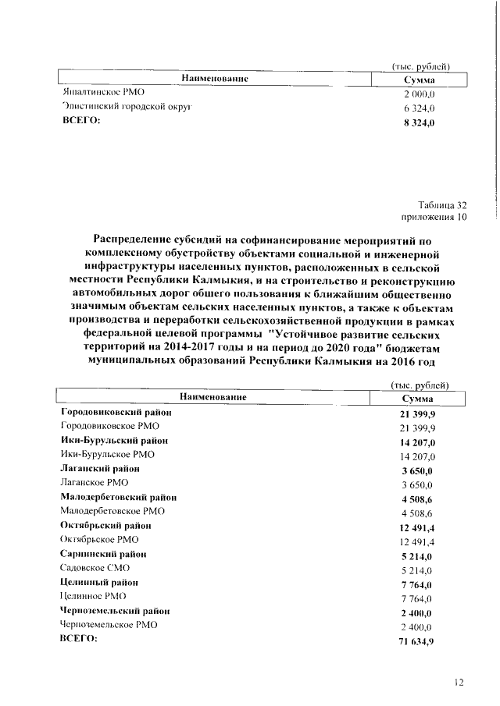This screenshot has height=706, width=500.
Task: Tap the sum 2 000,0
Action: tap(419, 94)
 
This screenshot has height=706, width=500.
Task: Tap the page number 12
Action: tap(459, 682)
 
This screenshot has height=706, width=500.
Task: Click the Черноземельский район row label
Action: tap(116, 611)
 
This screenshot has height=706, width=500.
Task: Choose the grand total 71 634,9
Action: tap(417, 640)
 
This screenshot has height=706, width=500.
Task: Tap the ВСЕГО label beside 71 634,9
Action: tap(79, 639)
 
